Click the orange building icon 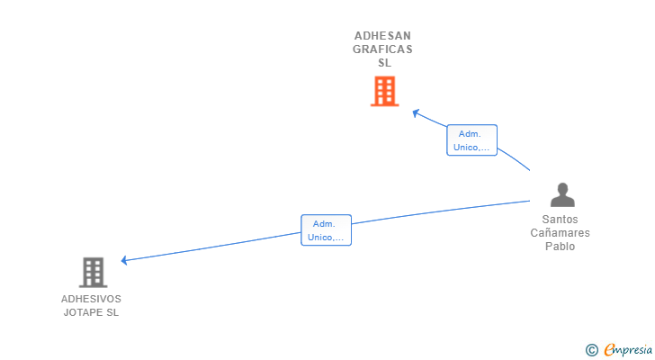point(385,91)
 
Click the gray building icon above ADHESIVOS point(94,273)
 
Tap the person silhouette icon point(562,194)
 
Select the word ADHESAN point(382,36)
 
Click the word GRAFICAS point(382,49)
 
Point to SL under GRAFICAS point(385,63)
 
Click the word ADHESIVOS point(91,299)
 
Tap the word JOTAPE point(82,312)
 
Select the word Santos point(561,220)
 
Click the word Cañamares point(561,232)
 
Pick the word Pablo point(561,247)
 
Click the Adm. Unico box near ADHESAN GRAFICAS point(472,140)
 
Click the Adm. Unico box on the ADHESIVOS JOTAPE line point(327,230)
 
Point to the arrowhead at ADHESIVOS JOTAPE point(123,261)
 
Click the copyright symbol point(591,350)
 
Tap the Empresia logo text point(628,350)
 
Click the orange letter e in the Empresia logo point(609,350)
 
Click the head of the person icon point(562,188)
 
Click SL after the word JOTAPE point(112,312)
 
